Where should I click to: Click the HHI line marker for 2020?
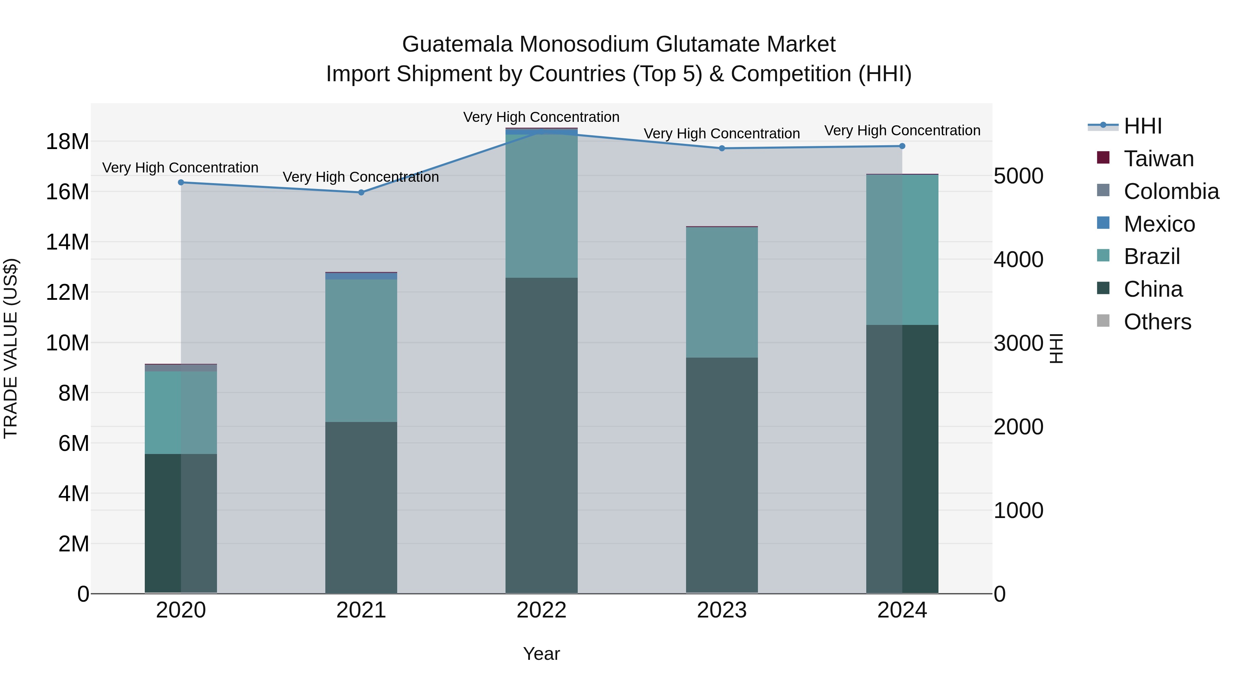[x=181, y=182]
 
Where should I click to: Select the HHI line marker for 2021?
[x=361, y=192]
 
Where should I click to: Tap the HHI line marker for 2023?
[x=722, y=148]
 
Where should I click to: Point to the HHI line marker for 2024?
[x=902, y=146]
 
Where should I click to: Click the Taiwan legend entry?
[x=1158, y=159]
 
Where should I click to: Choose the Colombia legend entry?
[x=1171, y=191]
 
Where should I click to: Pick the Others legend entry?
[x=1157, y=322]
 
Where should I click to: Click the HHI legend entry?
[x=1142, y=126]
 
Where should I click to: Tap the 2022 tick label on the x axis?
[x=542, y=610]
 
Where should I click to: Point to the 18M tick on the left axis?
[x=67, y=142]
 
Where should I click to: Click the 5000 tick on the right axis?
[x=1018, y=176]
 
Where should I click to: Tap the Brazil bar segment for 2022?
[x=542, y=206]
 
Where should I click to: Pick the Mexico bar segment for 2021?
[x=361, y=276]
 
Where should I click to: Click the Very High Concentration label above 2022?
[x=541, y=117]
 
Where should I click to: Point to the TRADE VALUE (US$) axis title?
[x=11, y=348]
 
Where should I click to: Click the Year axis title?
[x=541, y=654]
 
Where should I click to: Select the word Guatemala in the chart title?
[x=457, y=44]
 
